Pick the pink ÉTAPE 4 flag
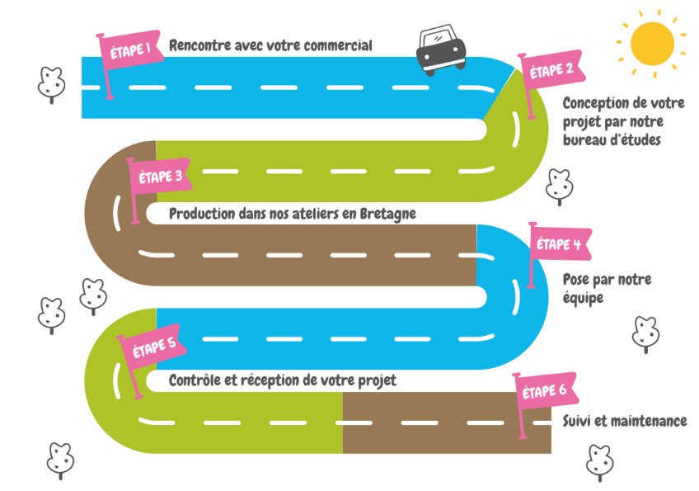click(x=560, y=244)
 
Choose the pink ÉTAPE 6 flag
click(x=546, y=391)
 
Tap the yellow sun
click(x=651, y=43)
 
